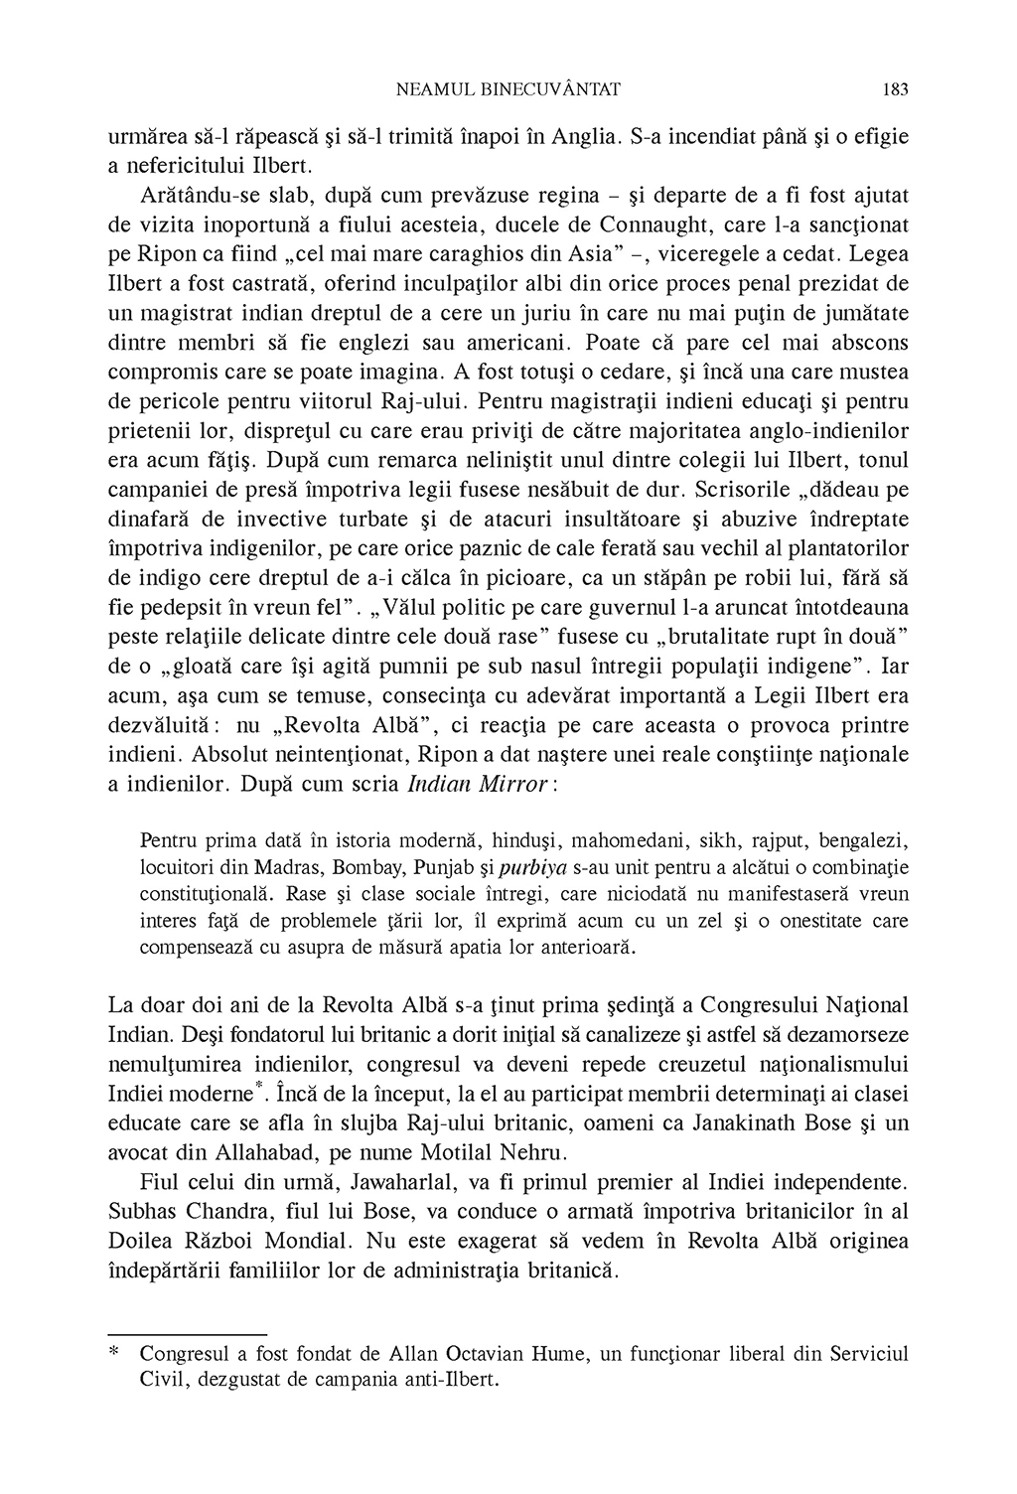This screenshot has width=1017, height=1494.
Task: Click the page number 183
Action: point(895,89)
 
